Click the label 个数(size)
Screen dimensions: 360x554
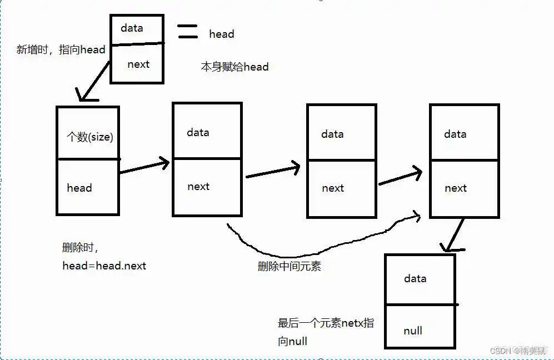click(x=89, y=137)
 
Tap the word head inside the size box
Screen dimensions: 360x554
click(x=79, y=188)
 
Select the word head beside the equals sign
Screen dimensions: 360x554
click(x=221, y=34)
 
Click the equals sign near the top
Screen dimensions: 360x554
click(x=187, y=31)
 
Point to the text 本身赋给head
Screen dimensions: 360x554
click(x=234, y=67)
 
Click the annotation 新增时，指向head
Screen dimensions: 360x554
click(x=61, y=49)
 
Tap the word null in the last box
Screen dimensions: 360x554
click(x=413, y=331)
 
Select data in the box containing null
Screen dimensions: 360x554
click(x=415, y=278)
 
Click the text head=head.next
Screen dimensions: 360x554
click(x=104, y=266)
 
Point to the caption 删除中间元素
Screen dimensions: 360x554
click(x=289, y=266)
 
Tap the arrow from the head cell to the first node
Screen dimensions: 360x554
click(x=144, y=167)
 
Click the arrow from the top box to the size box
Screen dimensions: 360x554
click(x=94, y=82)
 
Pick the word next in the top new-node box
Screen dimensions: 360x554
click(x=138, y=64)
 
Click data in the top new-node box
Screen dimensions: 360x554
click(x=132, y=28)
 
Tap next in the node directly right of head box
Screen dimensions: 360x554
click(x=198, y=186)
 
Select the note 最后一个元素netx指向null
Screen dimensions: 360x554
click(x=326, y=332)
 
